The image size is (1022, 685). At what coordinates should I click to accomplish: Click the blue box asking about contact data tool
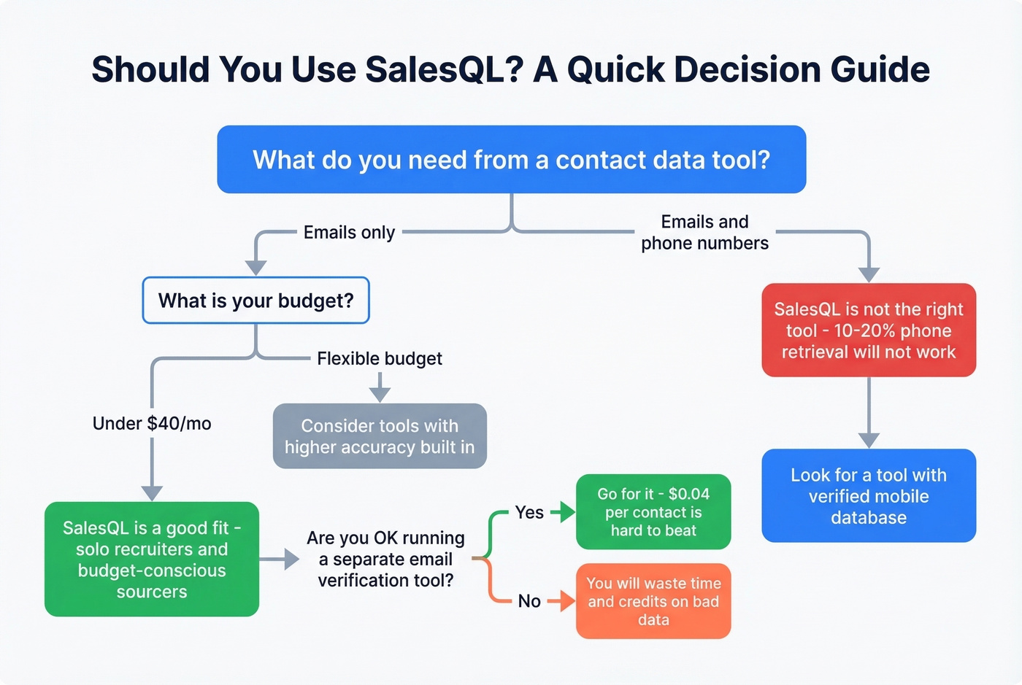coord(511,159)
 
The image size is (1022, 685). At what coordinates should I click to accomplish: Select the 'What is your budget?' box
coord(255,300)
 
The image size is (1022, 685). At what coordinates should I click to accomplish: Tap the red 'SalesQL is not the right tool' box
coord(869,330)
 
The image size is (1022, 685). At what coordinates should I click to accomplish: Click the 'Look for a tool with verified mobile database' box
coord(869,495)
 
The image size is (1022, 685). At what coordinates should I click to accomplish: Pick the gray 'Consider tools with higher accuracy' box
coord(380,436)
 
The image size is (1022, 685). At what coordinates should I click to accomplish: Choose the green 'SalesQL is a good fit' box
coord(152,559)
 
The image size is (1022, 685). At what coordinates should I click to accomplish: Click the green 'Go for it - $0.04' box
coord(653,511)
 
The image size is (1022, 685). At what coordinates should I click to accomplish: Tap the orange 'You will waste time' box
coord(653,601)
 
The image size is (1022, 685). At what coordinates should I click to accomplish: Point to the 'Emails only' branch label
coord(349,232)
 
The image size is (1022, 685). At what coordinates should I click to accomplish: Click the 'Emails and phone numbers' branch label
coord(704,232)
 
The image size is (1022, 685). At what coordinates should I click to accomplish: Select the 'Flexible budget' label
coord(380,358)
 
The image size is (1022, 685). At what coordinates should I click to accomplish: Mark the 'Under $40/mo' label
coord(152,423)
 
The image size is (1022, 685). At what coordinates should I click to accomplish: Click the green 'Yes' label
coord(529,512)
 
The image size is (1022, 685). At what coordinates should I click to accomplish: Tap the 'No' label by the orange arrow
coord(529,601)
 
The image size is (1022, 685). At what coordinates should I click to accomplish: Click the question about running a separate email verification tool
coord(385,559)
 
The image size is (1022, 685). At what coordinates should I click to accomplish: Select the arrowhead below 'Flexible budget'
coord(380,394)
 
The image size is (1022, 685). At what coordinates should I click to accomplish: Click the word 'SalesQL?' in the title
coord(445,69)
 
